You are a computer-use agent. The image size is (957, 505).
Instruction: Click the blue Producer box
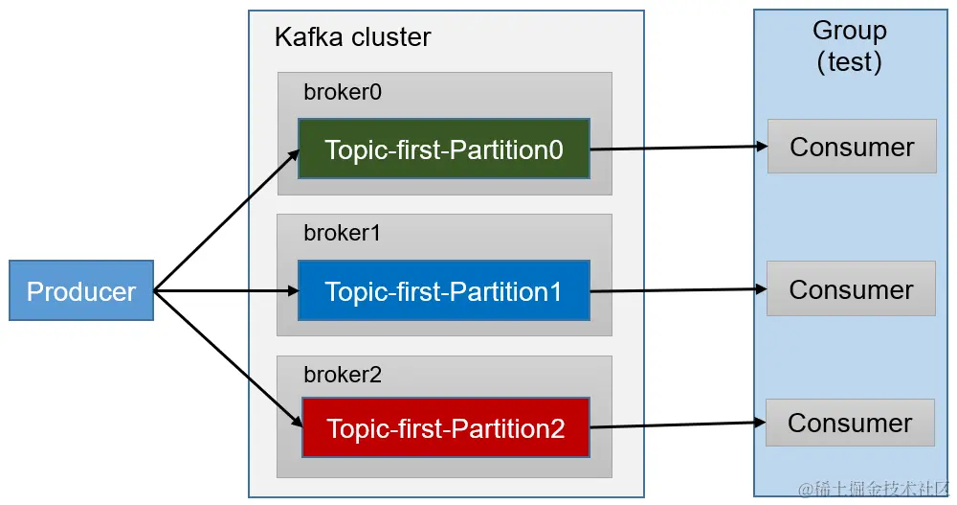coord(81,290)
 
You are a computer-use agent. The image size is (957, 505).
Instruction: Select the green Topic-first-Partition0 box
coord(443,149)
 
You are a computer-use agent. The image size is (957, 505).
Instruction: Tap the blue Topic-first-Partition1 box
coord(443,290)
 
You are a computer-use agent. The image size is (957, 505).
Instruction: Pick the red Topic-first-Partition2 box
coord(446,427)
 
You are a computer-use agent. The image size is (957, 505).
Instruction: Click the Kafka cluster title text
coord(352,37)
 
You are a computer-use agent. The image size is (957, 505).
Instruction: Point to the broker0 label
coord(342,92)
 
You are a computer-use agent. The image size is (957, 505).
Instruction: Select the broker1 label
coord(342,233)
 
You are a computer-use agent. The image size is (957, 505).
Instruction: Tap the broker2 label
coord(342,375)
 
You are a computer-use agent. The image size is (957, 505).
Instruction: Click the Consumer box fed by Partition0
coord(852,147)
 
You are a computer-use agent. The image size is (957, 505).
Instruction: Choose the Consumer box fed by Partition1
coord(851,288)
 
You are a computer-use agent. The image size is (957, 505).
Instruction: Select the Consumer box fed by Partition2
coord(850,423)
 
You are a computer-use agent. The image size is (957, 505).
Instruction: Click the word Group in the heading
coord(849,30)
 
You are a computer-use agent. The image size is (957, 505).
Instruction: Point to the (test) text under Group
coord(849,62)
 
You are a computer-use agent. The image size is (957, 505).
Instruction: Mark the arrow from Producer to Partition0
coord(226,220)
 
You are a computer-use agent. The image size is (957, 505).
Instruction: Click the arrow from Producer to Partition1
coord(226,290)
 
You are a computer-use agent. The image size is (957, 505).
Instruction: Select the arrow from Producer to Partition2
coord(226,356)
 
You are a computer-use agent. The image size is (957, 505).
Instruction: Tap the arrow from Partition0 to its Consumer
coord(679,148)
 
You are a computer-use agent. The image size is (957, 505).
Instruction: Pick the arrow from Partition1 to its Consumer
coord(679,289)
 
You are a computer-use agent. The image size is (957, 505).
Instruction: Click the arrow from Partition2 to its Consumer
coord(679,425)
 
